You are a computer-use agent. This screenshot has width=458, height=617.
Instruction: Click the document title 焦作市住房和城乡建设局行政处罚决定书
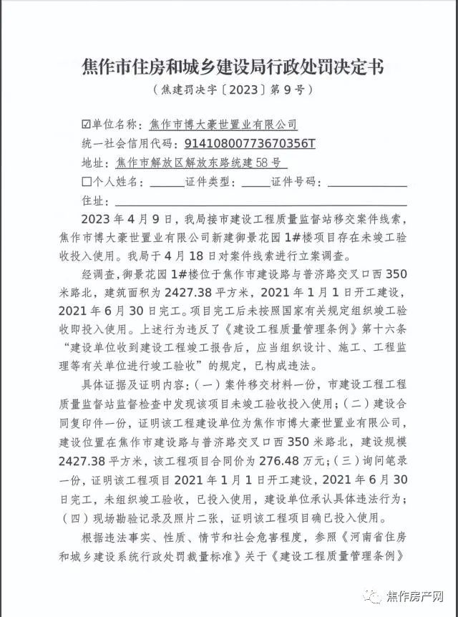tap(229, 68)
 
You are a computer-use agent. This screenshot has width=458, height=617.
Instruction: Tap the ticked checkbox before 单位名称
tap(87, 125)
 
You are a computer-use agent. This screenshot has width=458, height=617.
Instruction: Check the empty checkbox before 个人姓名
tap(87, 181)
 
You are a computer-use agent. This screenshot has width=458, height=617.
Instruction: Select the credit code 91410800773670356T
tap(250, 143)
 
